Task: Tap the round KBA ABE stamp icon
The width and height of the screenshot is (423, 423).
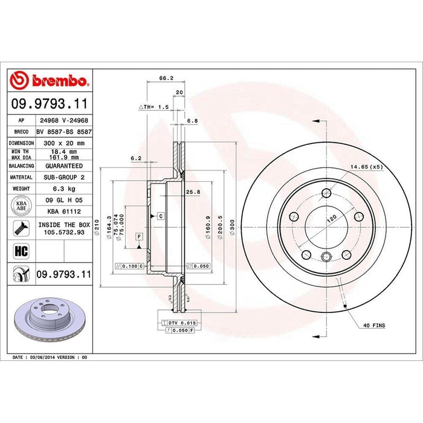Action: click(x=20, y=205)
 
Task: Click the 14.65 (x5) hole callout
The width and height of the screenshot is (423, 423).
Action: click(x=366, y=166)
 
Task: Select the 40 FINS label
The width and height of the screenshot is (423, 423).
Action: click(x=375, y=326)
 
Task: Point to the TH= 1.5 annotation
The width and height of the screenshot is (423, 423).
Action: click(x=155, y=106)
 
